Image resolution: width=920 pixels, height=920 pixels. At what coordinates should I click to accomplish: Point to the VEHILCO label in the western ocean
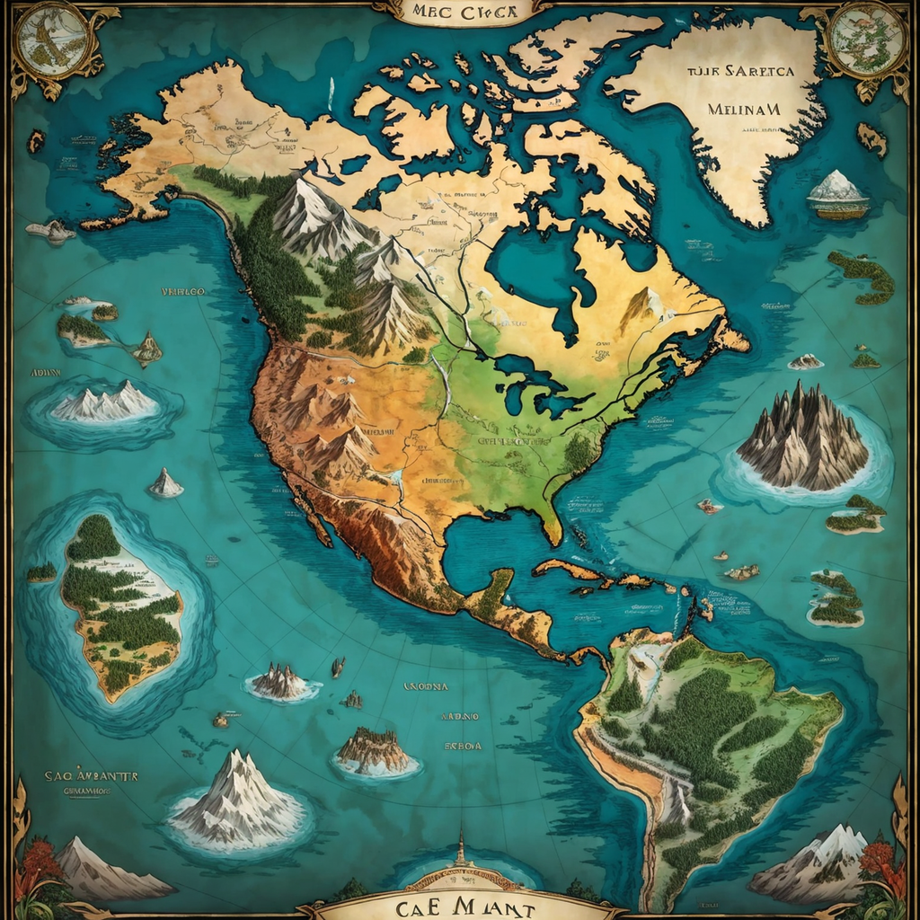pos(183,292)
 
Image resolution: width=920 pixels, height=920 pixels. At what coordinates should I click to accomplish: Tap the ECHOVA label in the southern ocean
pos(463,746)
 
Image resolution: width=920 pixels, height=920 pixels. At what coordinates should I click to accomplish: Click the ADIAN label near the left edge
pos(46,371)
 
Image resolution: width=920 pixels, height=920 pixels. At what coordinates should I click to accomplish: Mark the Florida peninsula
pos(550,521)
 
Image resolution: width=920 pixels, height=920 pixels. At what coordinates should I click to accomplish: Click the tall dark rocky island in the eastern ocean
pos(802,439)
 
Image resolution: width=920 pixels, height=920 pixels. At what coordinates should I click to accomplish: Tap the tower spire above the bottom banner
pos(460,849)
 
